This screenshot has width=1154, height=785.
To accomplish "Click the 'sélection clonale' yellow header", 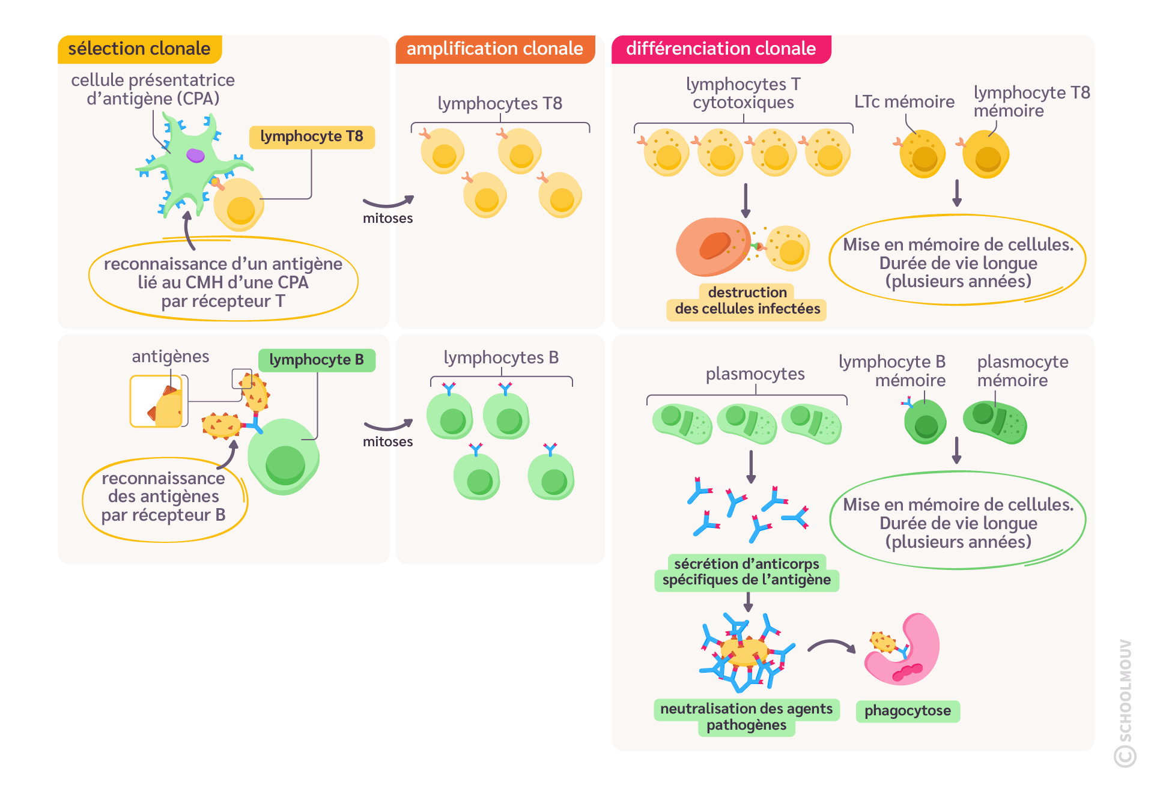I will (139, 49).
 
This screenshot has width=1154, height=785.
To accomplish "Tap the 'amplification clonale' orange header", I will (494, 49).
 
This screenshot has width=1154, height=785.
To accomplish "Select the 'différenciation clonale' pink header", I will (721, 49).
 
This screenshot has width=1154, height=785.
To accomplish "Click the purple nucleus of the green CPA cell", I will (195, 156).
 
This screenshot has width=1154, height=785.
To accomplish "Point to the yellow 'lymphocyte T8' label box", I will (312, 137).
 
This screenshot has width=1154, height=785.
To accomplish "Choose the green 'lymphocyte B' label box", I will (317, 360).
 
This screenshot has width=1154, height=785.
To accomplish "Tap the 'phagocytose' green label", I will (908, 711).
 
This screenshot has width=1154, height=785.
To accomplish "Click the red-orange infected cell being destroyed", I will (712, 246).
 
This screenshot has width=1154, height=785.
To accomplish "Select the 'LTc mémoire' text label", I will (904, 102).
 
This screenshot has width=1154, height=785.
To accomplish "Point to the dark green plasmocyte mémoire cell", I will (994, 422).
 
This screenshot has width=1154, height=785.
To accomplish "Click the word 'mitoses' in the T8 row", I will (387, 219).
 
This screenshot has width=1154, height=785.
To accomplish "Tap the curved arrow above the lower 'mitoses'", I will (389, 426).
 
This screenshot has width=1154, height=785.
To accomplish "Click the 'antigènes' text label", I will (171, 357).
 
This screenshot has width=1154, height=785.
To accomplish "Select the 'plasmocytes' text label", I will (755, 374).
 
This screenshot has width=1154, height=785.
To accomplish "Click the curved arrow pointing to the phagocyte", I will (831, 646).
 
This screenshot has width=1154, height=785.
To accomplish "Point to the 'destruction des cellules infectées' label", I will (747, 301).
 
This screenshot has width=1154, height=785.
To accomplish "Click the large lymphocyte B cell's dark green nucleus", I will (285, 464).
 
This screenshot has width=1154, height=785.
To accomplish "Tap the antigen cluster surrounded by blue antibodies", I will (745, 652).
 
